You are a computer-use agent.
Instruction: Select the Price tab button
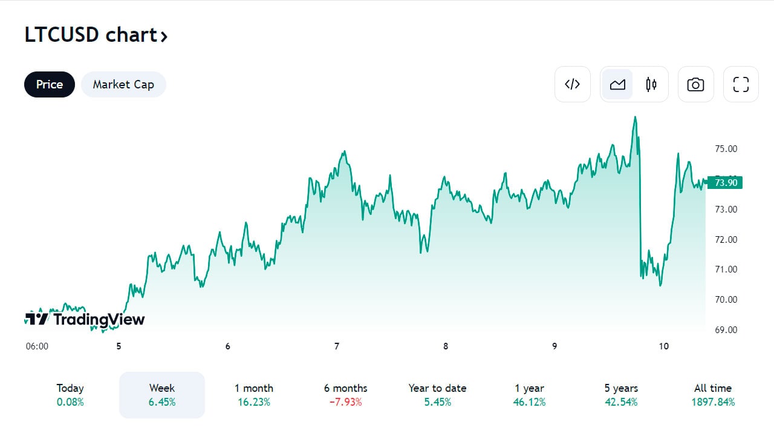[x=50, y=85]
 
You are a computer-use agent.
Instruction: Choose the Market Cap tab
[x=123, y=85]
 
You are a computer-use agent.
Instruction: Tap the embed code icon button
[x=572, y=84]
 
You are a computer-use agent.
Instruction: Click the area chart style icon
[x=617, y=84]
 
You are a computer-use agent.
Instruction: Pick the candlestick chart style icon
[x=651, y=84]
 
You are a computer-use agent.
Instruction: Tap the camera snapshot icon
[x=695, y=84]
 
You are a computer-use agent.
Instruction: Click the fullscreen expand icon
[x=741, y=84]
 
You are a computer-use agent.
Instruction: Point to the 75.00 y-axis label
[x=726, y=149]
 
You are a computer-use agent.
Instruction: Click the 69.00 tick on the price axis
[x=726, y=330]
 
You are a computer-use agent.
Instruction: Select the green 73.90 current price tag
[x=725, y=182]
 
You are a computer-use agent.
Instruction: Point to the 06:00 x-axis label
[x=37, y=346]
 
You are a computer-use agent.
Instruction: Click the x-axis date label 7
[x=337, y=346]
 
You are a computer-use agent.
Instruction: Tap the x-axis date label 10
[x=664, y=346]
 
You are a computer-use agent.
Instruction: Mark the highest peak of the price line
[x=635, y=117]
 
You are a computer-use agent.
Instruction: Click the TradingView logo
[x=85, y=319]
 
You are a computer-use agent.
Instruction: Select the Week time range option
[x=162, y=394]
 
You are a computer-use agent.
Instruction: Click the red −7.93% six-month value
[x=345, y=402]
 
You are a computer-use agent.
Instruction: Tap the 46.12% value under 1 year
[x=530, y=402]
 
